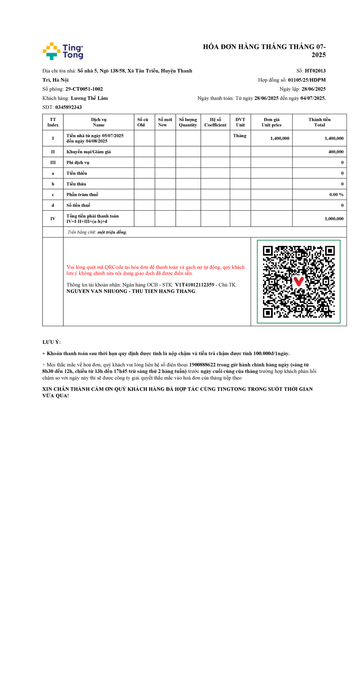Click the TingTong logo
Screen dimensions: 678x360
63,51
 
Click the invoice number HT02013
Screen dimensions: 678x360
315,71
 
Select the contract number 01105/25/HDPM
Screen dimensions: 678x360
307,80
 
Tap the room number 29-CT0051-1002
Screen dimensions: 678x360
84,89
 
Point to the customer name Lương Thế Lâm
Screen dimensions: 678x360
89,98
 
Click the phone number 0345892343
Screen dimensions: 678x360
68,107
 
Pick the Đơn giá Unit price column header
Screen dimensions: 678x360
271,122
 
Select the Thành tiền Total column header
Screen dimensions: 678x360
319,122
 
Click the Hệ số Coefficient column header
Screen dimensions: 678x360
215,122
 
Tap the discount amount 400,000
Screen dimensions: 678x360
336,152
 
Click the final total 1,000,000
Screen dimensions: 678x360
334,219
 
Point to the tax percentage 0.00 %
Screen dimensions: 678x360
336,194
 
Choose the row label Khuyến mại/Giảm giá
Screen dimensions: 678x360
88,152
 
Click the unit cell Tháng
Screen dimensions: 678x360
240,136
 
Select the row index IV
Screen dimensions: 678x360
53,219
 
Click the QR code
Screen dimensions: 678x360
298,282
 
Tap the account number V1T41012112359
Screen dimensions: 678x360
194,285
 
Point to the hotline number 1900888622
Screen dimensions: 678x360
202,365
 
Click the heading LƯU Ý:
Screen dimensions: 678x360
52,342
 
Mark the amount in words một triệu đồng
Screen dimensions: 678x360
112,232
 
